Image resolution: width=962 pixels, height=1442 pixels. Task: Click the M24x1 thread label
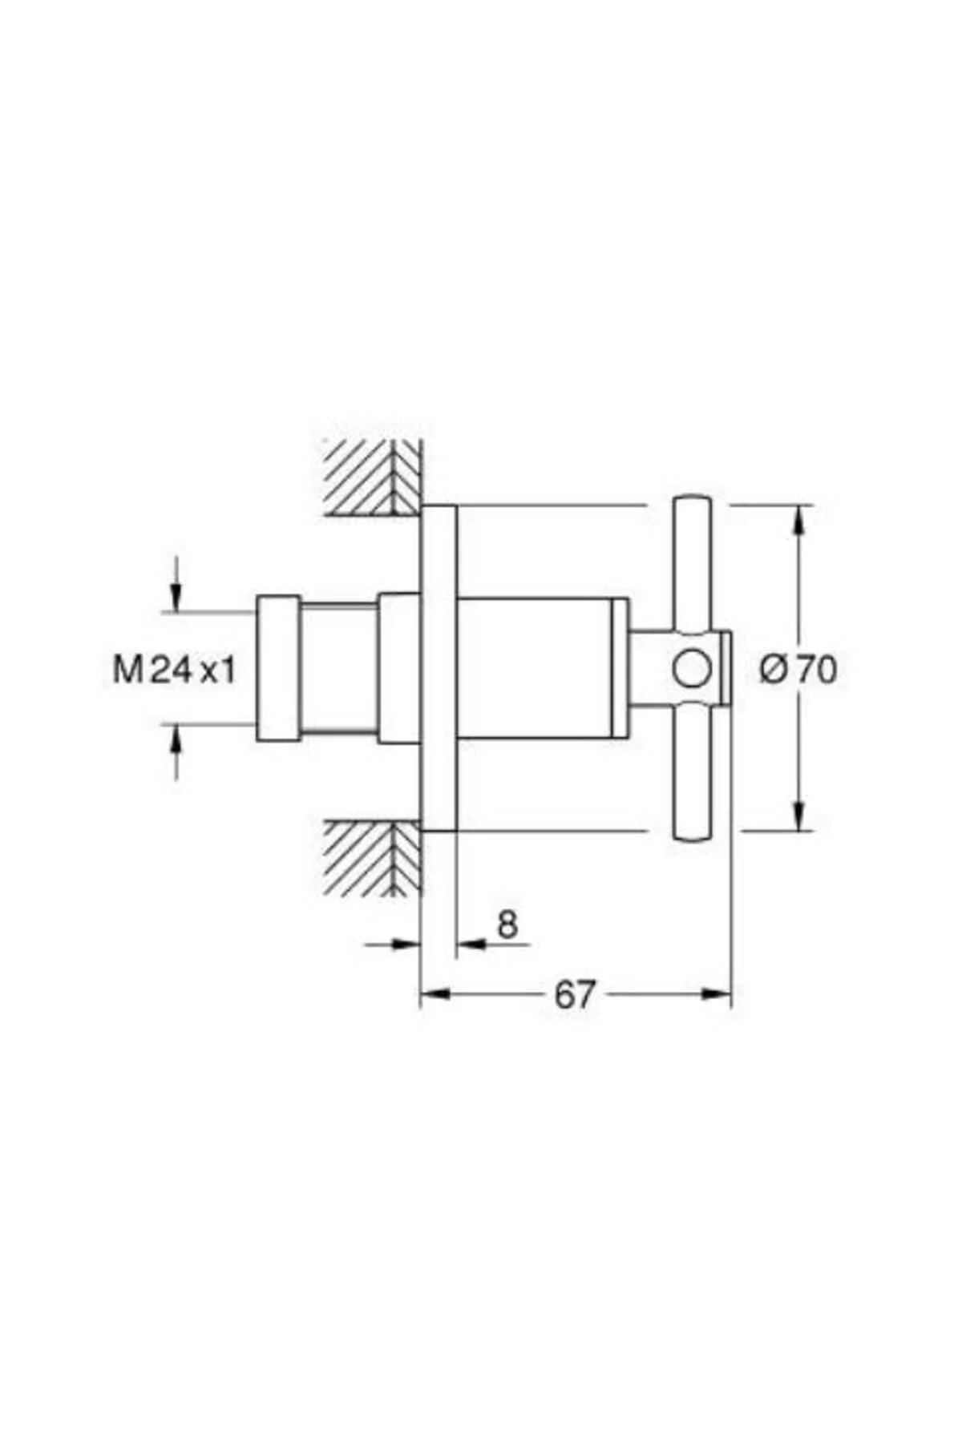pyautogui.click(x=175, y=669)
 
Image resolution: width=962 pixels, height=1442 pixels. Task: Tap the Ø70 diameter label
pyautogui.click(x=798, y=669)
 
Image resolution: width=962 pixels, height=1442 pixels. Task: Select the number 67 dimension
pyautogui.click(x=575, y=995)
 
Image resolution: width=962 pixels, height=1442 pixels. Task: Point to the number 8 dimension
pyautogui.click(x=507, y=925)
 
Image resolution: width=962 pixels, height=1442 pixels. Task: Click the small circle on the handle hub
pyautogui.click(x=691, y=669)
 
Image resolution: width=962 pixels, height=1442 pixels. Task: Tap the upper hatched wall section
pyautogui.click(x=373, y=478)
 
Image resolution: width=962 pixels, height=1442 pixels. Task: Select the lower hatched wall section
pyautogui.click(x=373, y=858)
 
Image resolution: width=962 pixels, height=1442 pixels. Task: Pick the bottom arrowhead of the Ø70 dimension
pyautogui.click(x=799, y=816)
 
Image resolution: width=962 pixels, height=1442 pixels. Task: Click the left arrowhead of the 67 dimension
pyautogui.click(x=435, y=994)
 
